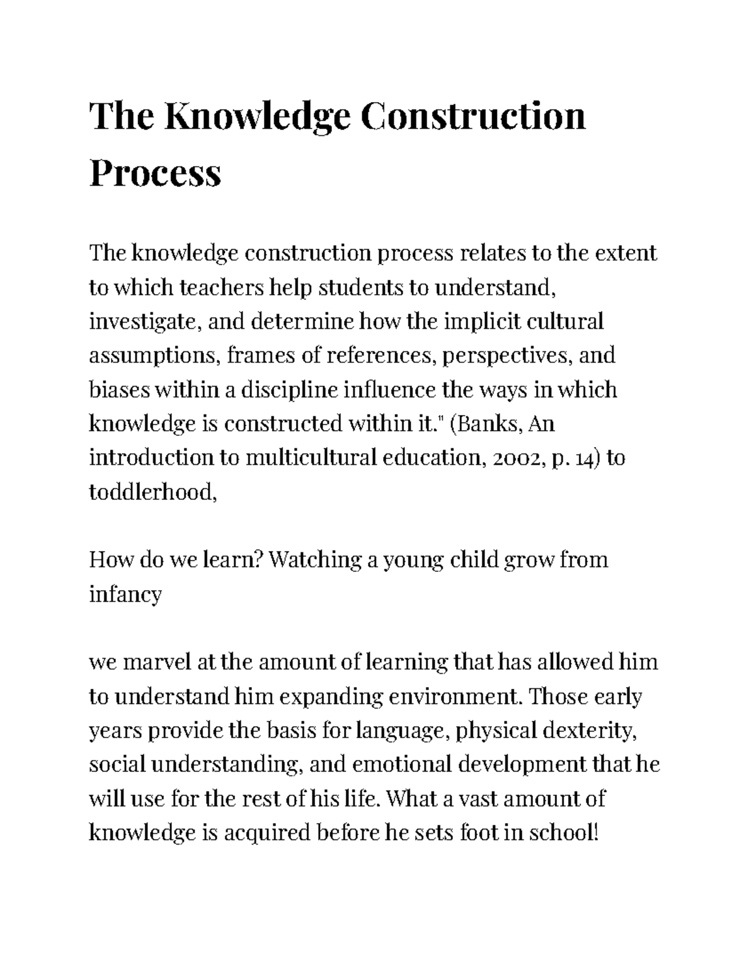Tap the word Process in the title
point(155,173)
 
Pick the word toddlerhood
point(153,492)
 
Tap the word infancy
point(125,594)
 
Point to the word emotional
point(403,765)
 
